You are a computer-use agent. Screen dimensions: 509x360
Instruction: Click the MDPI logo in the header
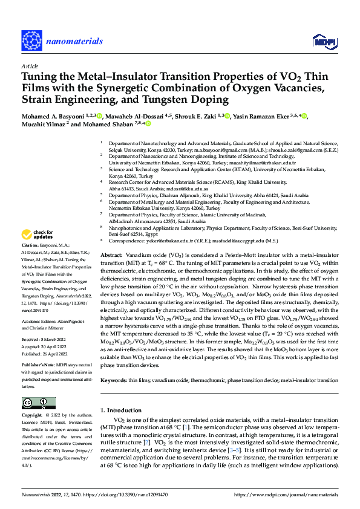coord(324,41)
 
